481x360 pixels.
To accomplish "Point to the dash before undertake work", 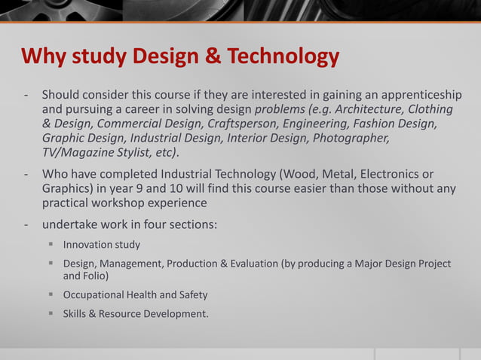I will click(x=26, y=224).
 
